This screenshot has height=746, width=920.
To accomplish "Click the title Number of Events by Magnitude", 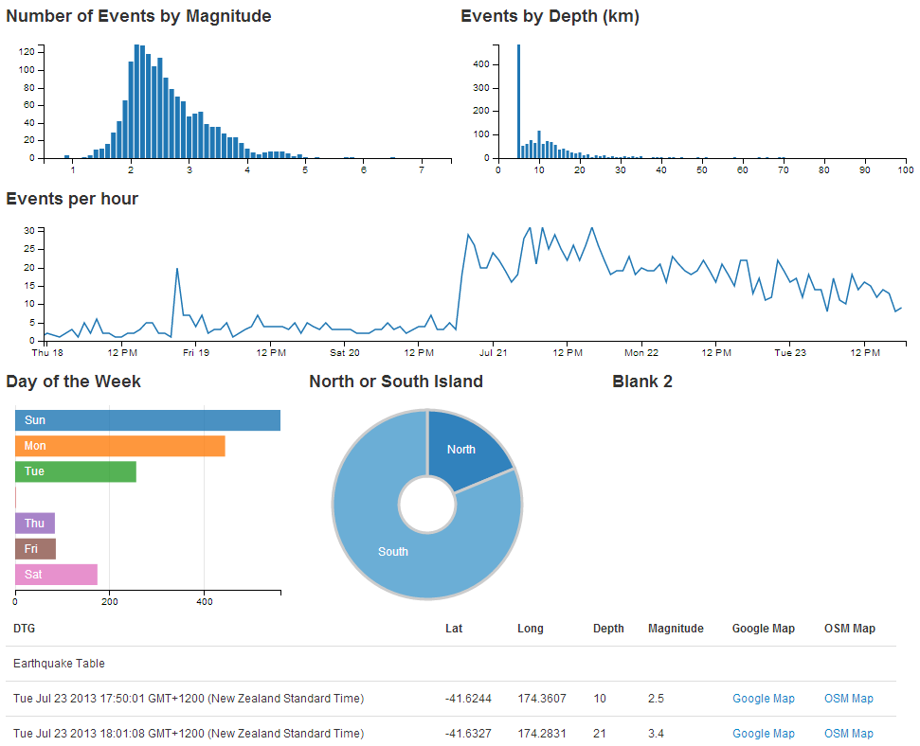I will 138,16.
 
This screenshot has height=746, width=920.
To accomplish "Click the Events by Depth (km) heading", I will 550,16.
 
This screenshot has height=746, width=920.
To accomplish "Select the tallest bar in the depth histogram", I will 518,104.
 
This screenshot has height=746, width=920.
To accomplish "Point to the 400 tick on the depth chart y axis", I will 480,64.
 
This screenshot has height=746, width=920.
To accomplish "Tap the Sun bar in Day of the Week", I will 147,420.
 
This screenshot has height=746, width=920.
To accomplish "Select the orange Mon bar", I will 119,446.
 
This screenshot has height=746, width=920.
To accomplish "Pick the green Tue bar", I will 76,471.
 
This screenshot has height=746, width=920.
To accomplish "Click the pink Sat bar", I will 56,574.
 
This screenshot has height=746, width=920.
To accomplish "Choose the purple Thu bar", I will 35,523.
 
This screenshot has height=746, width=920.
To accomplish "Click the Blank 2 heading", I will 642,382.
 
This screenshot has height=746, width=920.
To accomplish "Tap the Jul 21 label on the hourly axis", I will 493,353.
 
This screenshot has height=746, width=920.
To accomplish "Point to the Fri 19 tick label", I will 196,353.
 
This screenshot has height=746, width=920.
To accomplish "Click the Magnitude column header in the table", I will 676,629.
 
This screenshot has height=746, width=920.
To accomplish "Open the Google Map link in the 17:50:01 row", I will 763,699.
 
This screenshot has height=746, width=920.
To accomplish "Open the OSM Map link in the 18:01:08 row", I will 848,734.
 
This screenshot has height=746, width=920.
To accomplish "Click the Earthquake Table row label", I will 59,664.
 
